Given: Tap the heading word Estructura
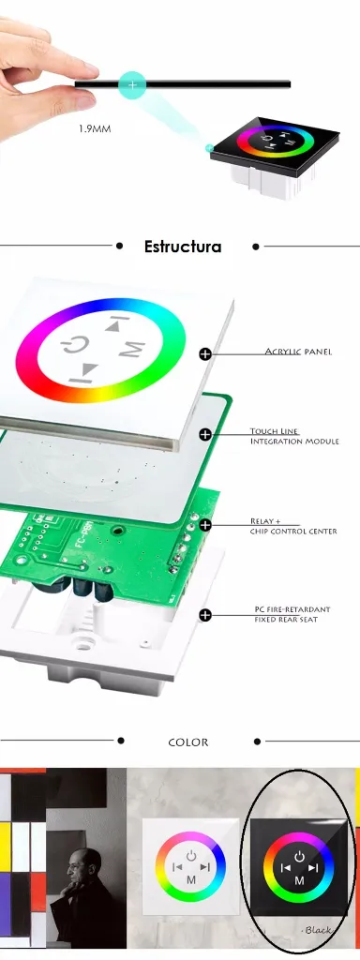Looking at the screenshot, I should [183, 247].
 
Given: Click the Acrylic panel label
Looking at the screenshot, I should [298, 352].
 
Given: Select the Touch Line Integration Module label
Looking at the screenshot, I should [293, 436].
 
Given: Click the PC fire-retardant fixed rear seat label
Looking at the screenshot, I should [292, 614].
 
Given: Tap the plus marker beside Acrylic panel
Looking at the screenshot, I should [205, 353].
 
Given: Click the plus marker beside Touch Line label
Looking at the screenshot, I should [205, 435].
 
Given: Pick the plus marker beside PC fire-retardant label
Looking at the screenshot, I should [205, 615].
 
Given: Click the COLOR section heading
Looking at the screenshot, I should [188, 742].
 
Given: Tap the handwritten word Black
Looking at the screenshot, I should [317, 930].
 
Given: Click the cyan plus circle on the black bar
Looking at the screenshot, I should [132, 84].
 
